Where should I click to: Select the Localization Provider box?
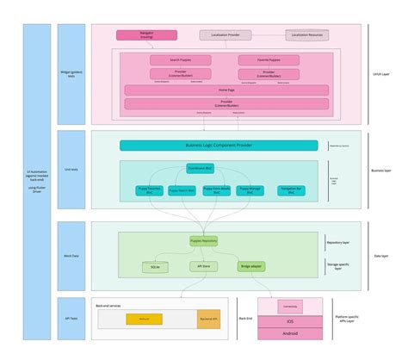[226, 35]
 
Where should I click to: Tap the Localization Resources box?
[306, 34]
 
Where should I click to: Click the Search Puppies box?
[174, 59]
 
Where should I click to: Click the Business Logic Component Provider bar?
[225, 146]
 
